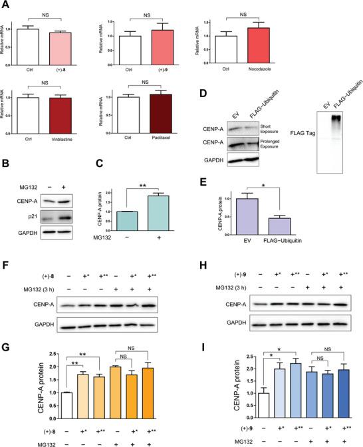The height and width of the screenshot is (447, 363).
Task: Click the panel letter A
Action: coord(7,6)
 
